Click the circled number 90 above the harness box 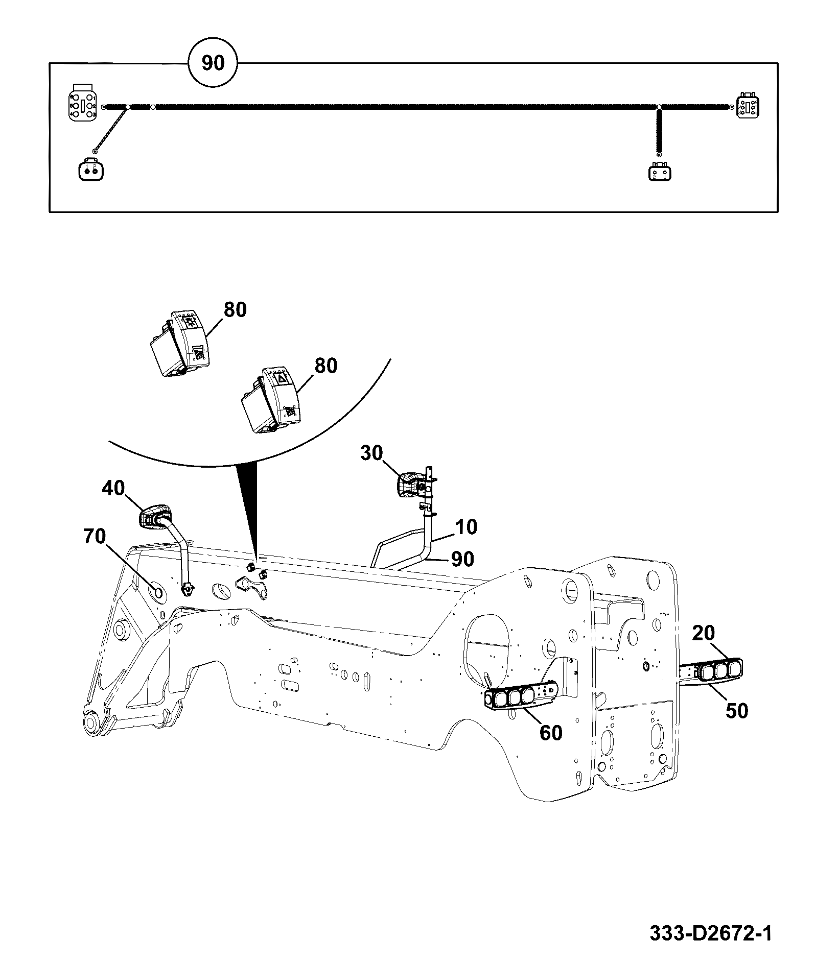[x=213, y=63]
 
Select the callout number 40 [x=113, y=488]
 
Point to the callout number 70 [x=96, y=537]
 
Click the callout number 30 [x=372, y=453]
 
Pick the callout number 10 [x=465, y=527]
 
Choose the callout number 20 [x=704, y=633]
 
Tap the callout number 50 [x=736, y=711]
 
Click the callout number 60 [x=550, y=733]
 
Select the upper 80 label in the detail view [x=235, y=310]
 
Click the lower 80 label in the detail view [x=326, y=366]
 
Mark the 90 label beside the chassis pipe [x=462, y=559]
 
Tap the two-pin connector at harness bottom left [x=91, y=169]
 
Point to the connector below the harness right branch [x=660, y=172]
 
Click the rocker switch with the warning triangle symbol [x=270, y=399]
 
